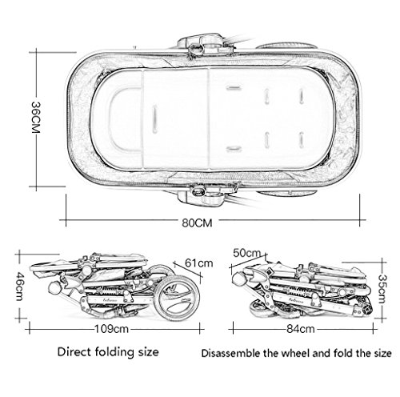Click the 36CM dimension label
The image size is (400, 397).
[36, 117]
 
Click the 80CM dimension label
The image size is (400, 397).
[197, 223]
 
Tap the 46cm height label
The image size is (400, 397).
[19, 286]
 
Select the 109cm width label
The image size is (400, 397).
[111, 329]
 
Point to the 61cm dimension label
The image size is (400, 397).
[199, 263]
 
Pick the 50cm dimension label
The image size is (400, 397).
[246, 253]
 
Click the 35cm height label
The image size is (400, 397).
[382, 289]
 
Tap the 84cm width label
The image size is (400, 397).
[301, 329]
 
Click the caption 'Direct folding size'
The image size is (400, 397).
[108, 352]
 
